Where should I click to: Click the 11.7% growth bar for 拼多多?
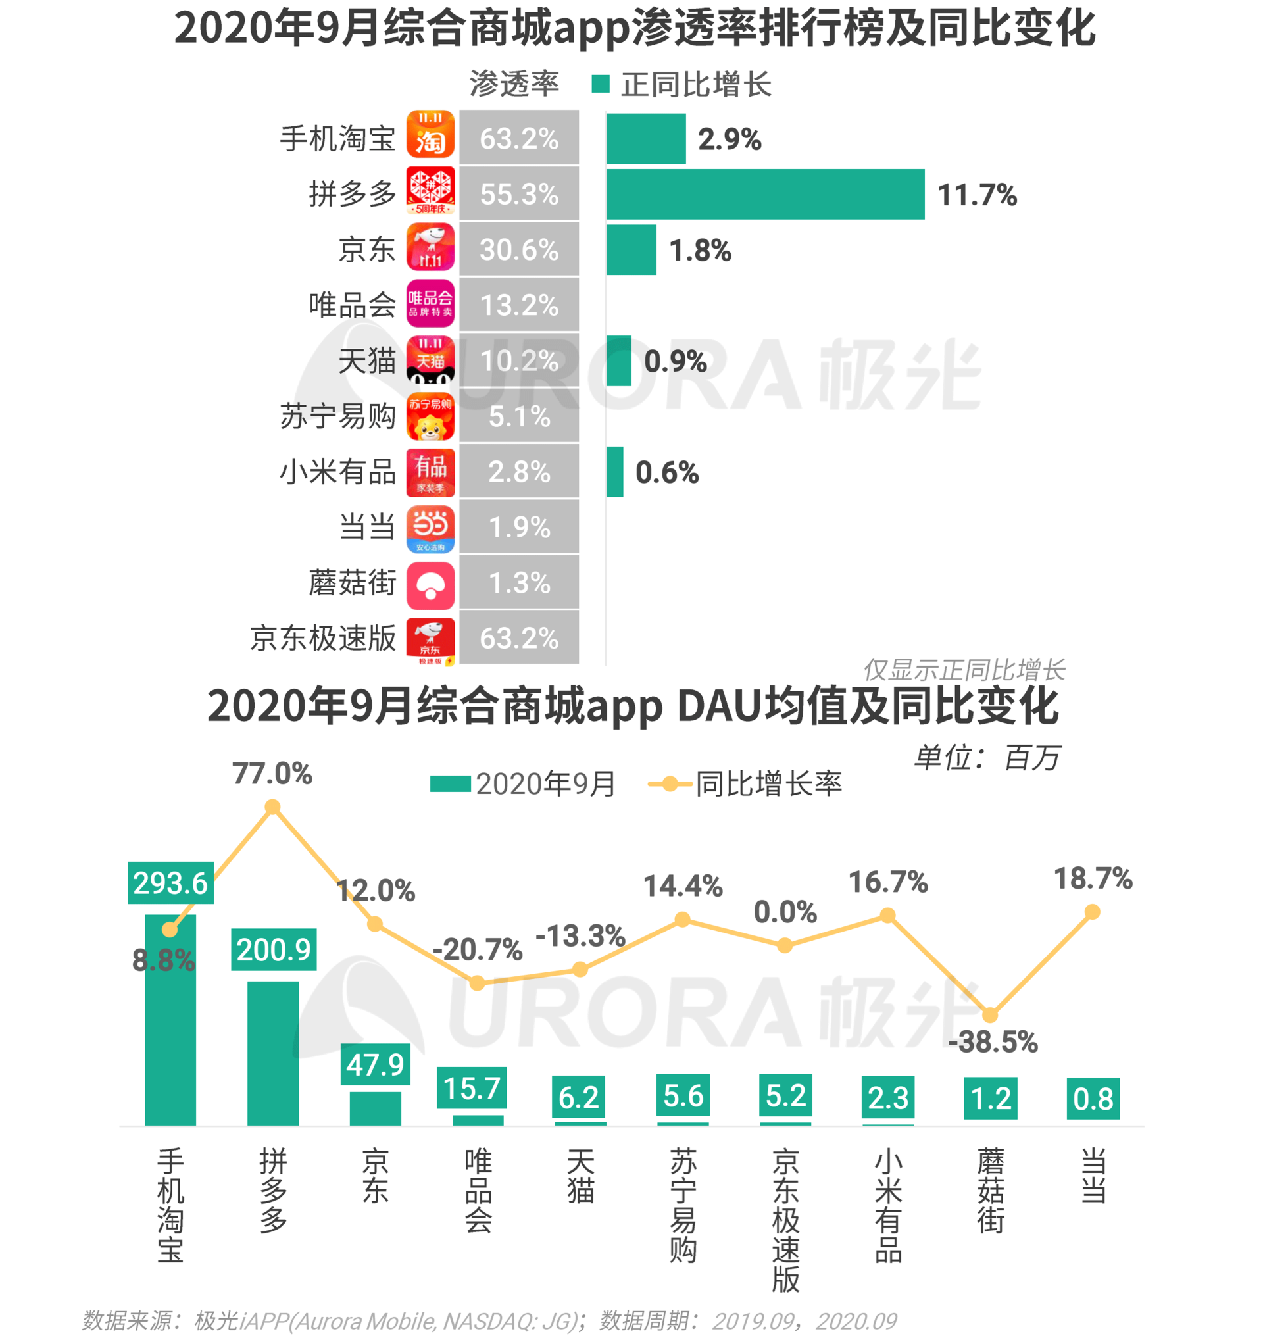(x=764, y=195)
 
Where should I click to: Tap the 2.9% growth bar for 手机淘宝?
(x=645, y=138)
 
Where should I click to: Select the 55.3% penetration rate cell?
(x=518, y=195)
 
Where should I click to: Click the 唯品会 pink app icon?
(x=430, y=304)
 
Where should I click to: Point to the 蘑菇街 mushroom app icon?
(x=430, y=585)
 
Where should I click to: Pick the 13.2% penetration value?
(x=518, y=305)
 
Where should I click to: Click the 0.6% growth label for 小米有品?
(x=666, y=472)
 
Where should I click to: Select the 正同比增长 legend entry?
(x=681, y=85)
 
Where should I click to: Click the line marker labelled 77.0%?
(x=272, y=807)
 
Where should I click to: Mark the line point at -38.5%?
(x=989, y=1014)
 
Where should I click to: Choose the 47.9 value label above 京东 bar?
(x=375, y=1064)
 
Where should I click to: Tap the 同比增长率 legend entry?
(x=745, y=783)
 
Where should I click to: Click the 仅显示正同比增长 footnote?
(x=963, y=670)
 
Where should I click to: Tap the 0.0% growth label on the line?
(x=785, y=912)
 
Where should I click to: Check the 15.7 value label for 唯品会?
(x=471, y=1088)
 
